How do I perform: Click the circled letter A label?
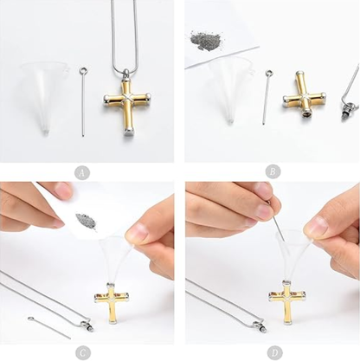coord(82,173)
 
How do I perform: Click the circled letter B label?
coord(273,171)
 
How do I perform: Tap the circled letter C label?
coord(83,352)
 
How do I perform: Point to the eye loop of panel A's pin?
coord(83,70)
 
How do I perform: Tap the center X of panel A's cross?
coord(126,99)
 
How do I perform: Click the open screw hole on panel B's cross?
coord(305,115)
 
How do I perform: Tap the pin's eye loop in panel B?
coord(269,73)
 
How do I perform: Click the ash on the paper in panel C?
coord(86,221)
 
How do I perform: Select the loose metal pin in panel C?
coord(49,328)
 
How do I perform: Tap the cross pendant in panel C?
coord(111,304)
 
